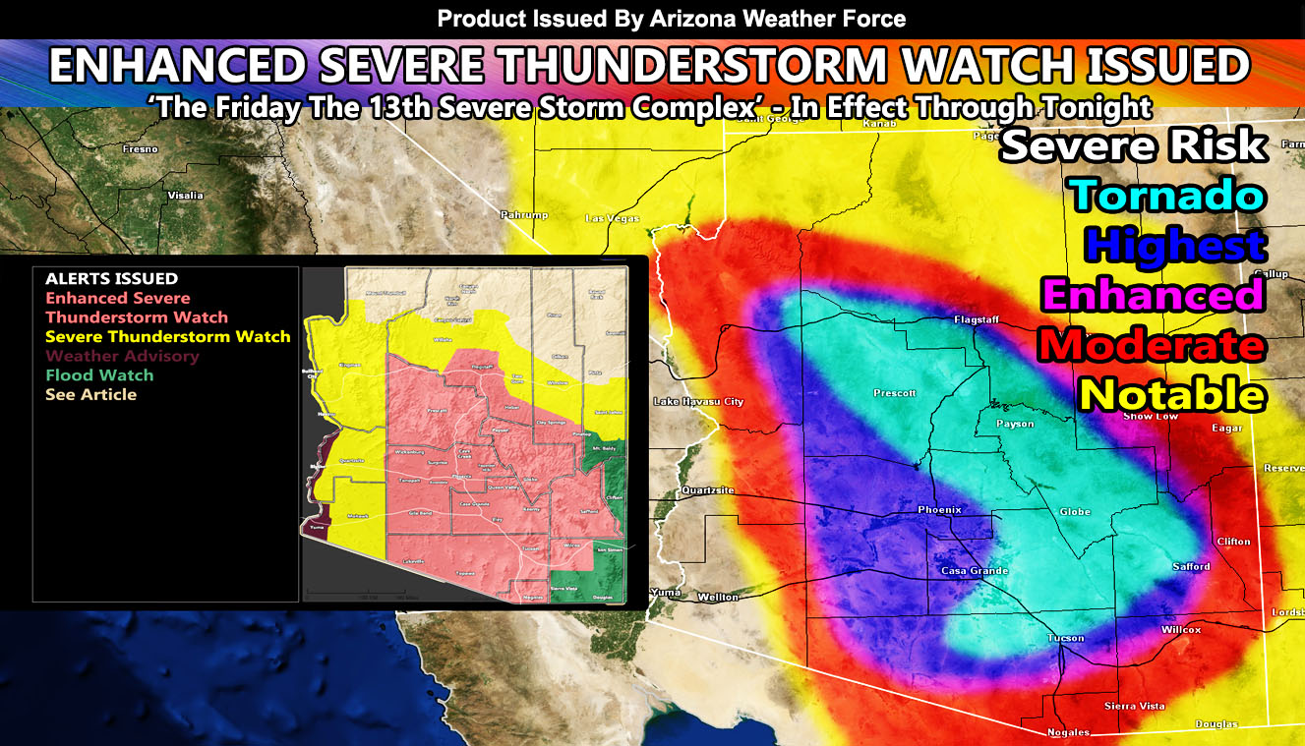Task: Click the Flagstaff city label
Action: click(977, 319)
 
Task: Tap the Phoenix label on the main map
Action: click(939, 509)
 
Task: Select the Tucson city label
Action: click(1065, 638)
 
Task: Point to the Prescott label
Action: click(894, 393)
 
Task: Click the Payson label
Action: click(1015, 424)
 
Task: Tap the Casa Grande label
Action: click(975, 570)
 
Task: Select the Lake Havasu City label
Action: click(698, 401)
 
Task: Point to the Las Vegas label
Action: click(612, 218)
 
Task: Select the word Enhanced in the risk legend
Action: click(1152, 295)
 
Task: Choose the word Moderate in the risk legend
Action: click(1151, 345)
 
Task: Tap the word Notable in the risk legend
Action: click(1171, 394)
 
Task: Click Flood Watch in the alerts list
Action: click(99, 374)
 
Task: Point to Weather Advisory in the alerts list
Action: click(122, 356)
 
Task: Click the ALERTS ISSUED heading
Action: click(111, 279)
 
